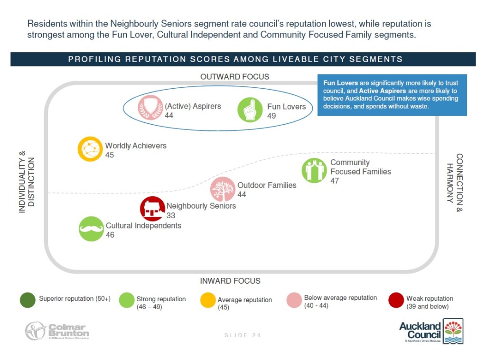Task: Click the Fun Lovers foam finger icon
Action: [250, 110]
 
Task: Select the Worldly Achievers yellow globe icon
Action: [90, 149]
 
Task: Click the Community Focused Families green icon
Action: [314, 170]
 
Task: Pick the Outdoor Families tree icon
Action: [223, 189]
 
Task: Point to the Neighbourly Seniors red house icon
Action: [152, 209]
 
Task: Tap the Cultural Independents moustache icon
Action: [91, 229]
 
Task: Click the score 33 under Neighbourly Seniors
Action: [171, 215]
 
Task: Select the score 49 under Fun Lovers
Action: [271, 116]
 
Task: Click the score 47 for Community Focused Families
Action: [335, 181]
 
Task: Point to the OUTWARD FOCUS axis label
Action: [234, 76]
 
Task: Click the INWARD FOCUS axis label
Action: [230, 281]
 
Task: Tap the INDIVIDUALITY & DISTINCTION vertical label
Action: [27, 182]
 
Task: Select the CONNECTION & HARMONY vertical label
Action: [454, 182]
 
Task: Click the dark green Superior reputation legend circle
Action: [28, 300]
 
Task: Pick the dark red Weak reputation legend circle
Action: [396, 300]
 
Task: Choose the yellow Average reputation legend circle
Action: [208, 301]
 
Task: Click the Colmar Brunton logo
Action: [57, 331]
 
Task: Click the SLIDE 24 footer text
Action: [243, 335]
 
